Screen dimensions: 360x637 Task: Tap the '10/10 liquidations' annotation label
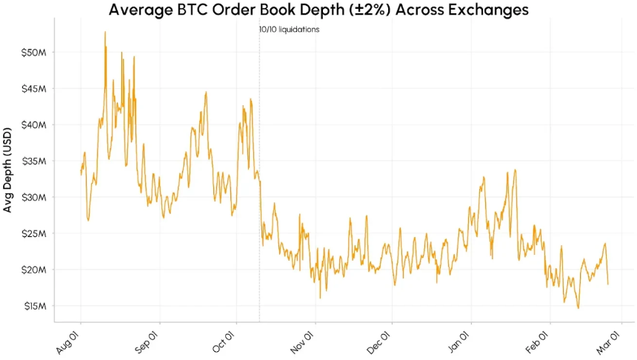[289, 30]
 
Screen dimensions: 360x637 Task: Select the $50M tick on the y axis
[34, 53]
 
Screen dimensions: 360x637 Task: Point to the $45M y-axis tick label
[34, 89]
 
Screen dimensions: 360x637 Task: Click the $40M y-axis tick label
[34, 124]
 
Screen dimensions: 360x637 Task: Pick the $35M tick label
[34, 161]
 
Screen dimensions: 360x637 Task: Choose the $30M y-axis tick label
[34, 197]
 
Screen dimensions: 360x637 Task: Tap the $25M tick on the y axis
[34, 233]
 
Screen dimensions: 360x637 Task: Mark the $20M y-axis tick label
[34, 270]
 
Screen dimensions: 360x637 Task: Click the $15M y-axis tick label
[34, 306]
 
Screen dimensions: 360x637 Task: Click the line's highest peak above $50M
[105, 32]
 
